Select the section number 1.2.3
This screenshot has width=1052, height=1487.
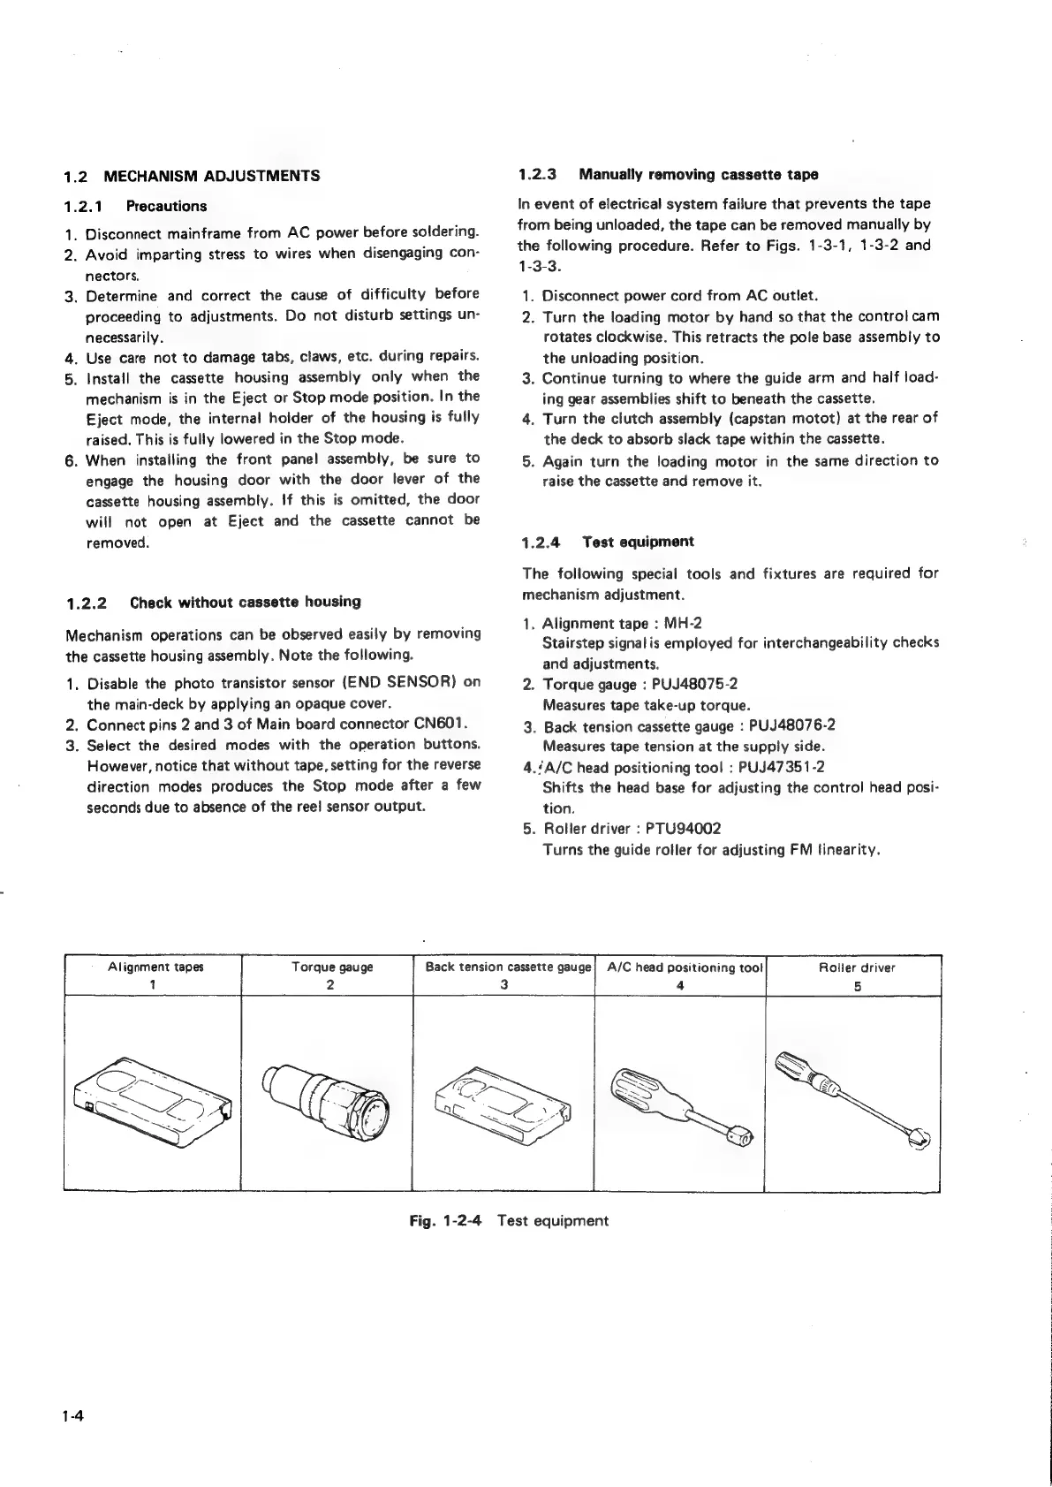[x=539, y=174]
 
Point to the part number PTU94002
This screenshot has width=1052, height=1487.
[x=684, y=829]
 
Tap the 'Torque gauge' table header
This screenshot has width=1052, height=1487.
[x=332, y=967]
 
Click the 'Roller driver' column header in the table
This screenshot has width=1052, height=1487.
[x=857, y=967]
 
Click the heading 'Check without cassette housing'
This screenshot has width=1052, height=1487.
[x=246, y=603]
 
